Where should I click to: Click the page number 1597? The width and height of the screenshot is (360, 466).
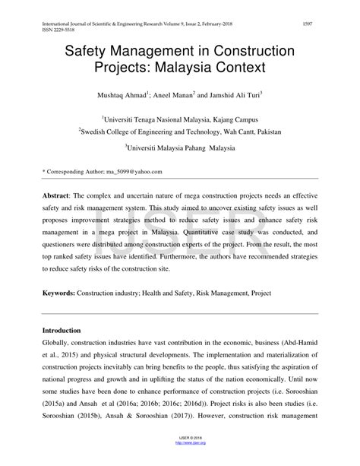tap(308, 24)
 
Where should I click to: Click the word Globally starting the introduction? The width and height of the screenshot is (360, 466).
tap(58, 344)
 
